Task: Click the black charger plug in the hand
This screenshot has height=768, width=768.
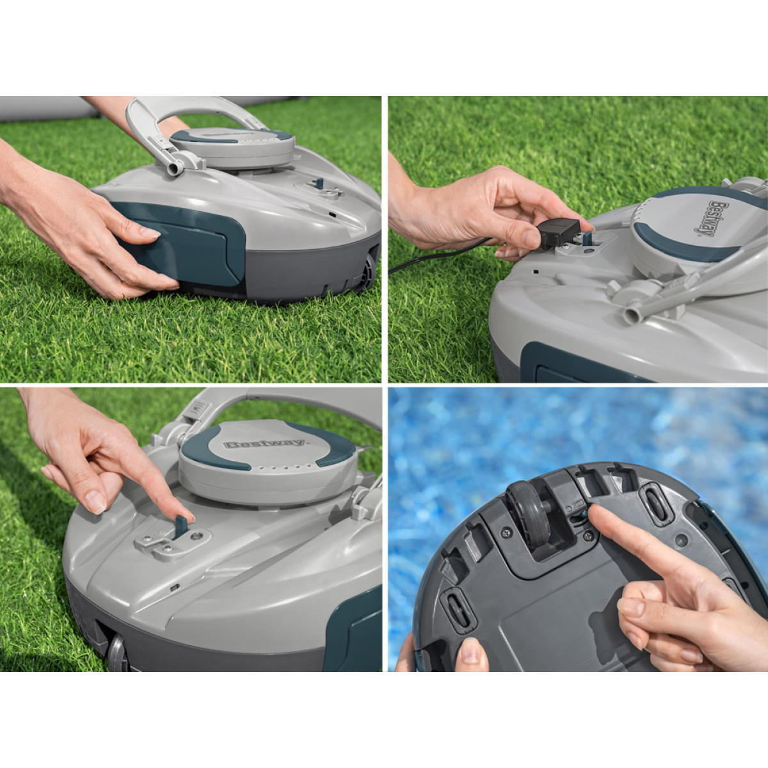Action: click(558, 234)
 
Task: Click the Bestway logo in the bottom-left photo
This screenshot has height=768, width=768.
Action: click(264, 443)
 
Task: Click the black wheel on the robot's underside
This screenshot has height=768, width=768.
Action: click(529, 516)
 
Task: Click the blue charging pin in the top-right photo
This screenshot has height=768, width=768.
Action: click(588, 239)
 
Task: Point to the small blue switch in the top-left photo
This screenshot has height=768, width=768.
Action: click(318, 183)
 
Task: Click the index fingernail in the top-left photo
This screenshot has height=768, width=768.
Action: click(150, 232)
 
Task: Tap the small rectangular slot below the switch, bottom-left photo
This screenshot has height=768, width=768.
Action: click(174, 587)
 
